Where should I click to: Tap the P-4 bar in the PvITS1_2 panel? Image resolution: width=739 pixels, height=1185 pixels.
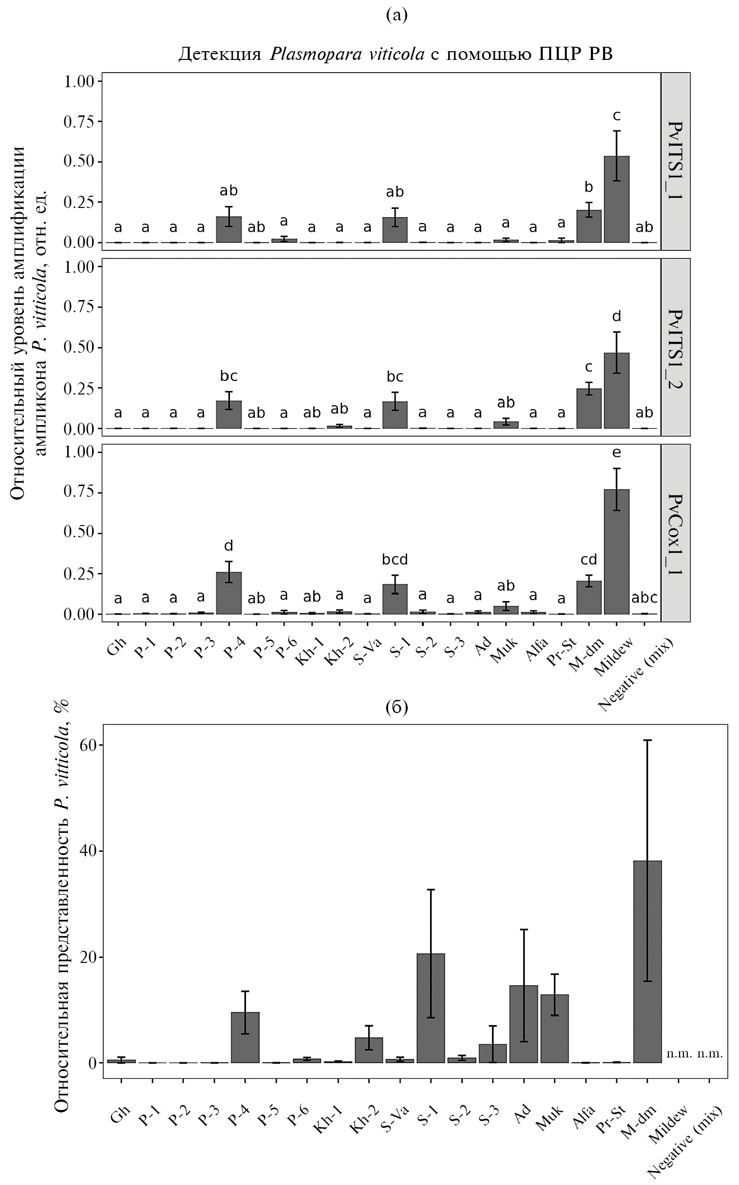(229, 415)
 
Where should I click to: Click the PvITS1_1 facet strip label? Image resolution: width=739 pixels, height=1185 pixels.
(676, 161)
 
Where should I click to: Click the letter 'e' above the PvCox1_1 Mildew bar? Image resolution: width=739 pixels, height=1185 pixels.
(616, 453)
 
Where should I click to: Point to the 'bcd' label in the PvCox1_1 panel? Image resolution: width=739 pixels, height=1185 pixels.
(395, 560)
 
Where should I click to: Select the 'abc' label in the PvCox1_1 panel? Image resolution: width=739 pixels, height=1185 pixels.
(644, 598)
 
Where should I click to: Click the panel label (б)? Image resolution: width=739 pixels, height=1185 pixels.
(397, 708)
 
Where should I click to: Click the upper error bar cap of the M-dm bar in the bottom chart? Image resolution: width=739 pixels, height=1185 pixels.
(647, 741)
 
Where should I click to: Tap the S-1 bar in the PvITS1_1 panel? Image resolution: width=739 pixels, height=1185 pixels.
(395, 230)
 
